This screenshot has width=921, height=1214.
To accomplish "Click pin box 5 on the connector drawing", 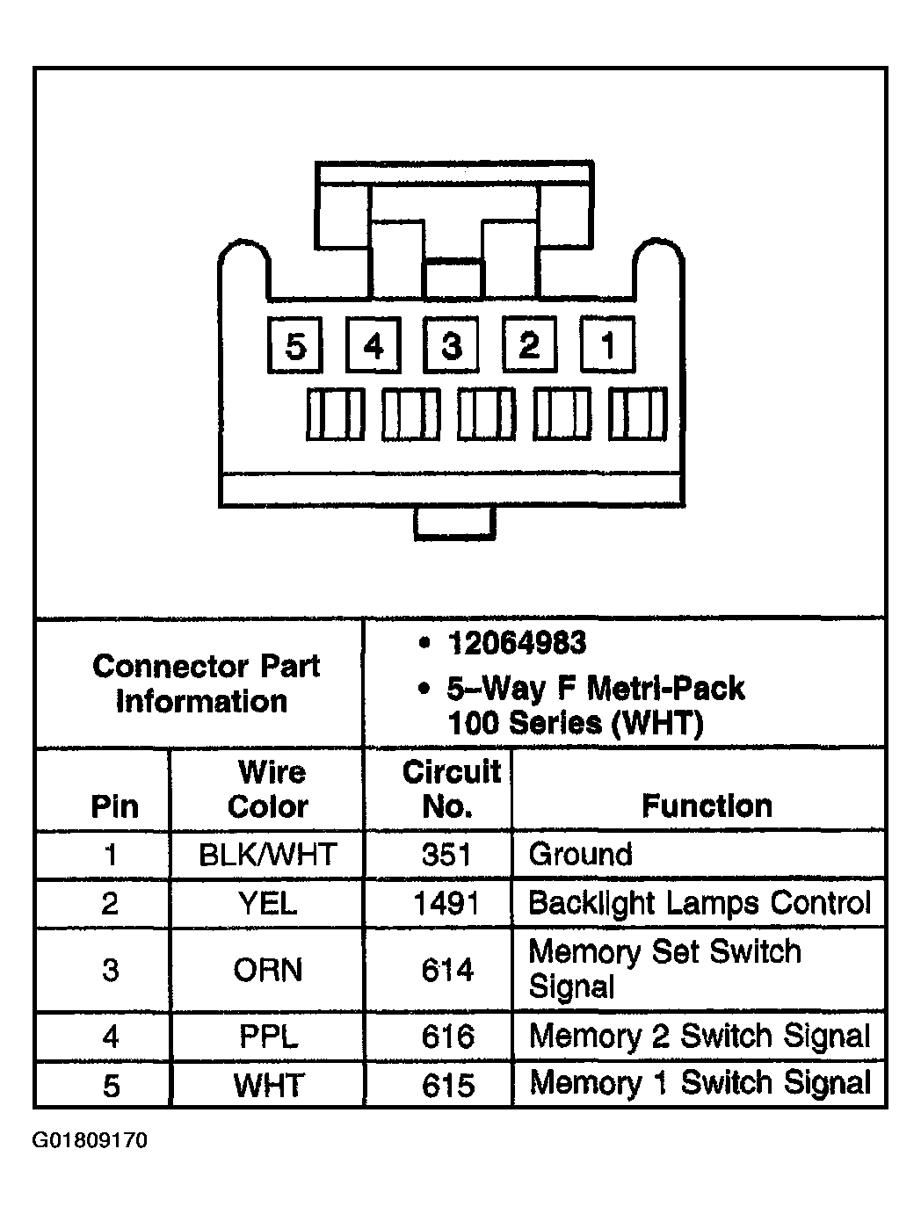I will pos(295,345).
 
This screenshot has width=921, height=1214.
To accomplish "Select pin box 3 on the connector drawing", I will pos(451,345).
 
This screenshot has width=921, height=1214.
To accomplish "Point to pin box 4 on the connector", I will pos(373,345).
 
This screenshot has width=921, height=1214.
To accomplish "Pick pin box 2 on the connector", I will pos(529,344).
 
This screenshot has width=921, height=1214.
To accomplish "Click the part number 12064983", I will pos(517,644).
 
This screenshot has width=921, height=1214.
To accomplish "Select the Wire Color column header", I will pos(268,789).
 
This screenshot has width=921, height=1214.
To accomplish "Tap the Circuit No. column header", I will pos(450,788).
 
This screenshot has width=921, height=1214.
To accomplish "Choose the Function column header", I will pos(707,806).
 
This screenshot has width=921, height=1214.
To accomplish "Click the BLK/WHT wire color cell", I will pos(268,855).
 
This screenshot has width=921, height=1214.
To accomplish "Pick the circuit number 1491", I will pos(447,903).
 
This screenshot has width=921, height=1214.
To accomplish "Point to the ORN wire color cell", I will pos(268,970).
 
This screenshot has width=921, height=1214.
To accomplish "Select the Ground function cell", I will pos(580,855).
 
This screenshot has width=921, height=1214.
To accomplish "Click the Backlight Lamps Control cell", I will pos(700,903).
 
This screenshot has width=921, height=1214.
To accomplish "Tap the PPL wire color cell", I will pos(268,1037).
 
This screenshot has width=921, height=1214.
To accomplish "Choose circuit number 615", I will pos(447,1086).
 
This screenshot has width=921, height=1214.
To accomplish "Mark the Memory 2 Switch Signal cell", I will pos(700,1037).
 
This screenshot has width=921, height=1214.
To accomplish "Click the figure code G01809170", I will pos(91,1141).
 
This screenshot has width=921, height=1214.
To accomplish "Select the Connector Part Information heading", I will pos(206,683).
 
